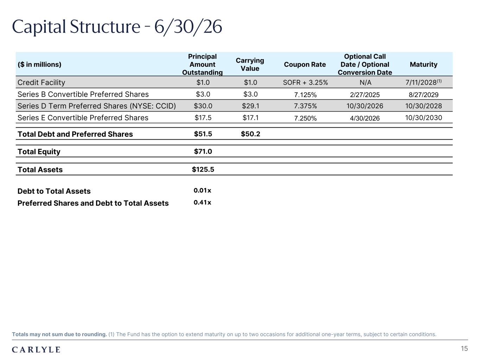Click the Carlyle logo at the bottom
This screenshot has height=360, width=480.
(x=36, y=349)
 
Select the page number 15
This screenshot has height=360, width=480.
(x=464, y=348)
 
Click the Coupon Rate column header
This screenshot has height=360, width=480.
(x=305, y=64)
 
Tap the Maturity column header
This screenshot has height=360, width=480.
(x=424, y=64)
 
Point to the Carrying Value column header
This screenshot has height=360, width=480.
(x=250, y=64)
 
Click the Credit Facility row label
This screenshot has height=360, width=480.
(x=41, y=82)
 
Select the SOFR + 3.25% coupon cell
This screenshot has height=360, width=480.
(x=305, y=82)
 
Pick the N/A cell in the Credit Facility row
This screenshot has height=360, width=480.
(x=365, y=82)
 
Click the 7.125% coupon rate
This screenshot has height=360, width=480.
(x=305, y=95)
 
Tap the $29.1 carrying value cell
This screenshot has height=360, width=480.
(x=250, y=106)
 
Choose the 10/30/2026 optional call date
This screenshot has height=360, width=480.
(x=365, y=106)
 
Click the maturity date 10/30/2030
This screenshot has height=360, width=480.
(x=424, y=118)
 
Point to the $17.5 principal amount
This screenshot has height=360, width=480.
(x=203, y=118)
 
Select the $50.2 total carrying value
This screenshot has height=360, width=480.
(x=250, y=134)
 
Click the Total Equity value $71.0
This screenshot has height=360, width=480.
(x=203, y=151)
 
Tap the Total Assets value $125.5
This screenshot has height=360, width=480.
(x=203, y=169)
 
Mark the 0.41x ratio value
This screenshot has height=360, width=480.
(x=202, y=202)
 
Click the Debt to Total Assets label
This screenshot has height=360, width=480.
(x=54, y=191)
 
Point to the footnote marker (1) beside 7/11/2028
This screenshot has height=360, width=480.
(x=439, y=81)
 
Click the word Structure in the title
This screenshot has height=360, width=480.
(x=105, y=27)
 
